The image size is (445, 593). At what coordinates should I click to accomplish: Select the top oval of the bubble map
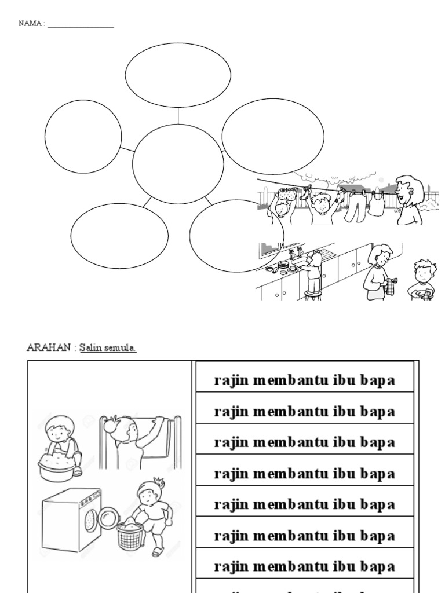click(x=178, y=75)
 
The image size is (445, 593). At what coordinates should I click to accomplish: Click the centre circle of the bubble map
click(x=178, y=164)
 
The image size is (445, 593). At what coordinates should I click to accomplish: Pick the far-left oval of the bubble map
click(x=83, y=136)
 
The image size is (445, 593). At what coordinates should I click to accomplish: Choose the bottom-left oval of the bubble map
click(x=119, y=236)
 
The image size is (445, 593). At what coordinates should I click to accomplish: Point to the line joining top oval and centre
click(x=178, y=116)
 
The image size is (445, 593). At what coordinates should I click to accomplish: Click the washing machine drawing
click(x=72, y=519)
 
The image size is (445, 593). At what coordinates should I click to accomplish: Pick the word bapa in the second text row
click(x=379, y=412)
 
